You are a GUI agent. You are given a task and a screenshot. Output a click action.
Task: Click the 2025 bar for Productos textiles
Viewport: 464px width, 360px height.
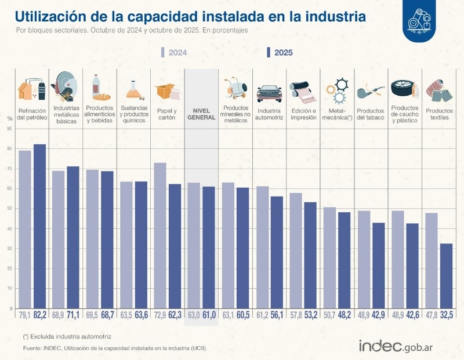[x=446, y=275]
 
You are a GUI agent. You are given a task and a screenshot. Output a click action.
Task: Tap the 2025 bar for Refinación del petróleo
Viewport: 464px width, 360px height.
[x=39, y=226]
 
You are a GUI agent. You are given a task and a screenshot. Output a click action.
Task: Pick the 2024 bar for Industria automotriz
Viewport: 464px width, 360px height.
[x=262, y=247]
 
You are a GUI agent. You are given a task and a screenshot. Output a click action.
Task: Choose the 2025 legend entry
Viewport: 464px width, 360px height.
[x=280, y=53]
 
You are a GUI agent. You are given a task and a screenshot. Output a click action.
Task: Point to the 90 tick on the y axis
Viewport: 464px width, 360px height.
[x=9, y=129]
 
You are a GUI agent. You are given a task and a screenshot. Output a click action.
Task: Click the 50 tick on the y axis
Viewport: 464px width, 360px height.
[x=9, y=209]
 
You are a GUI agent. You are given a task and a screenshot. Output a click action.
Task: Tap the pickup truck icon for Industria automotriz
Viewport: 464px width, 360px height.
[x=269, y=93]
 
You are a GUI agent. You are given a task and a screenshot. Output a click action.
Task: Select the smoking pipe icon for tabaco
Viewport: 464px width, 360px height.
[x=370, y=92]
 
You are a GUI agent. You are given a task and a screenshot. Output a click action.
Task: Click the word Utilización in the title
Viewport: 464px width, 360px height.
[x=52, y=16]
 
